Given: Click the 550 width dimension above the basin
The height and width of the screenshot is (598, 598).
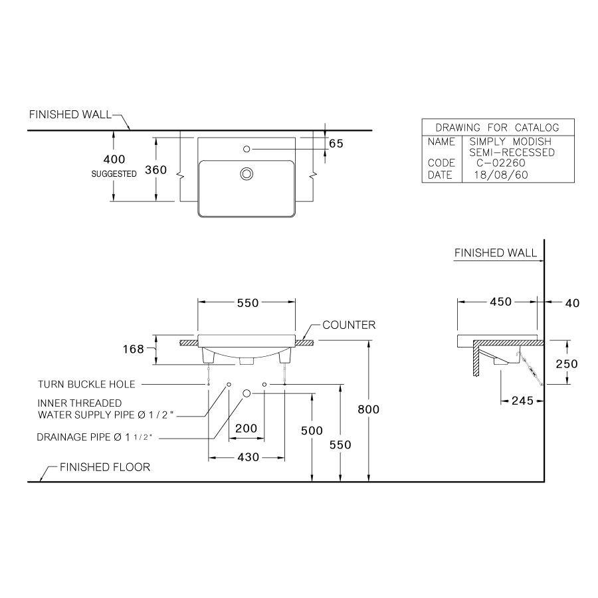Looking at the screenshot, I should [247, 302].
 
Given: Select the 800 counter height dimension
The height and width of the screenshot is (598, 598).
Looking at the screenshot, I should [368, 409].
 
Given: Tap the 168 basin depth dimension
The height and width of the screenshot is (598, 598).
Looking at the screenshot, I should [134, 349].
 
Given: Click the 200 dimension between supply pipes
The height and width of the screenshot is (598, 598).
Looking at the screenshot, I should [247, 429].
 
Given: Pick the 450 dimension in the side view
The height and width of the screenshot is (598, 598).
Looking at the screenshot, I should [500, 302].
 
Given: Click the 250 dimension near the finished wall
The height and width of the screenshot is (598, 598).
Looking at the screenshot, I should [567, 363].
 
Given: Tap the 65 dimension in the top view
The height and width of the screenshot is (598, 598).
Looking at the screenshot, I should [336, 144].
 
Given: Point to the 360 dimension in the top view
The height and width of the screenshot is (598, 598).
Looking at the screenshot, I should [155, 169].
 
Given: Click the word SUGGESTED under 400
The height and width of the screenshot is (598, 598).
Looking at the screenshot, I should [114, 174].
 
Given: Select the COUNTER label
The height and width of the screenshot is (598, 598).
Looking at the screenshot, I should [349, 325].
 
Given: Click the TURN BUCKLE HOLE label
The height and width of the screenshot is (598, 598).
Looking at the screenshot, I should [86, 384].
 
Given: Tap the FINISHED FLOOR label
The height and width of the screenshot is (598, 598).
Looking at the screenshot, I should [105, 467].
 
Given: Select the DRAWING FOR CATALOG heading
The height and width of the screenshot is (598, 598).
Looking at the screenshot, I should [497, 128].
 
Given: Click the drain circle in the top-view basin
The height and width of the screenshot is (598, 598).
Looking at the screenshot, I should [247, 174].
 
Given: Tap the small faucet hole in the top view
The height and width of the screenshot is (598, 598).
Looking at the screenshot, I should [247, 149].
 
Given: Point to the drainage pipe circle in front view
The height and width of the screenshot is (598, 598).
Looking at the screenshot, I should [247, 393].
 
